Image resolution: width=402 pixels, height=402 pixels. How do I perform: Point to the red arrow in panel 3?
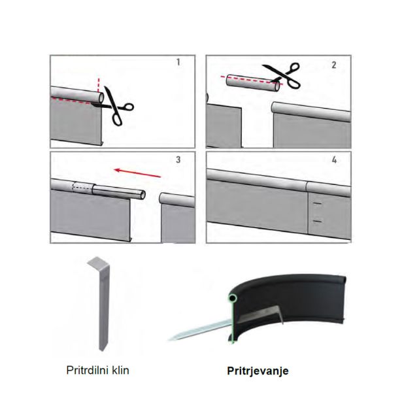(139, 173)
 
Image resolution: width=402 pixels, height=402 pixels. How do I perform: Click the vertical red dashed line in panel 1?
(99, 89)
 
